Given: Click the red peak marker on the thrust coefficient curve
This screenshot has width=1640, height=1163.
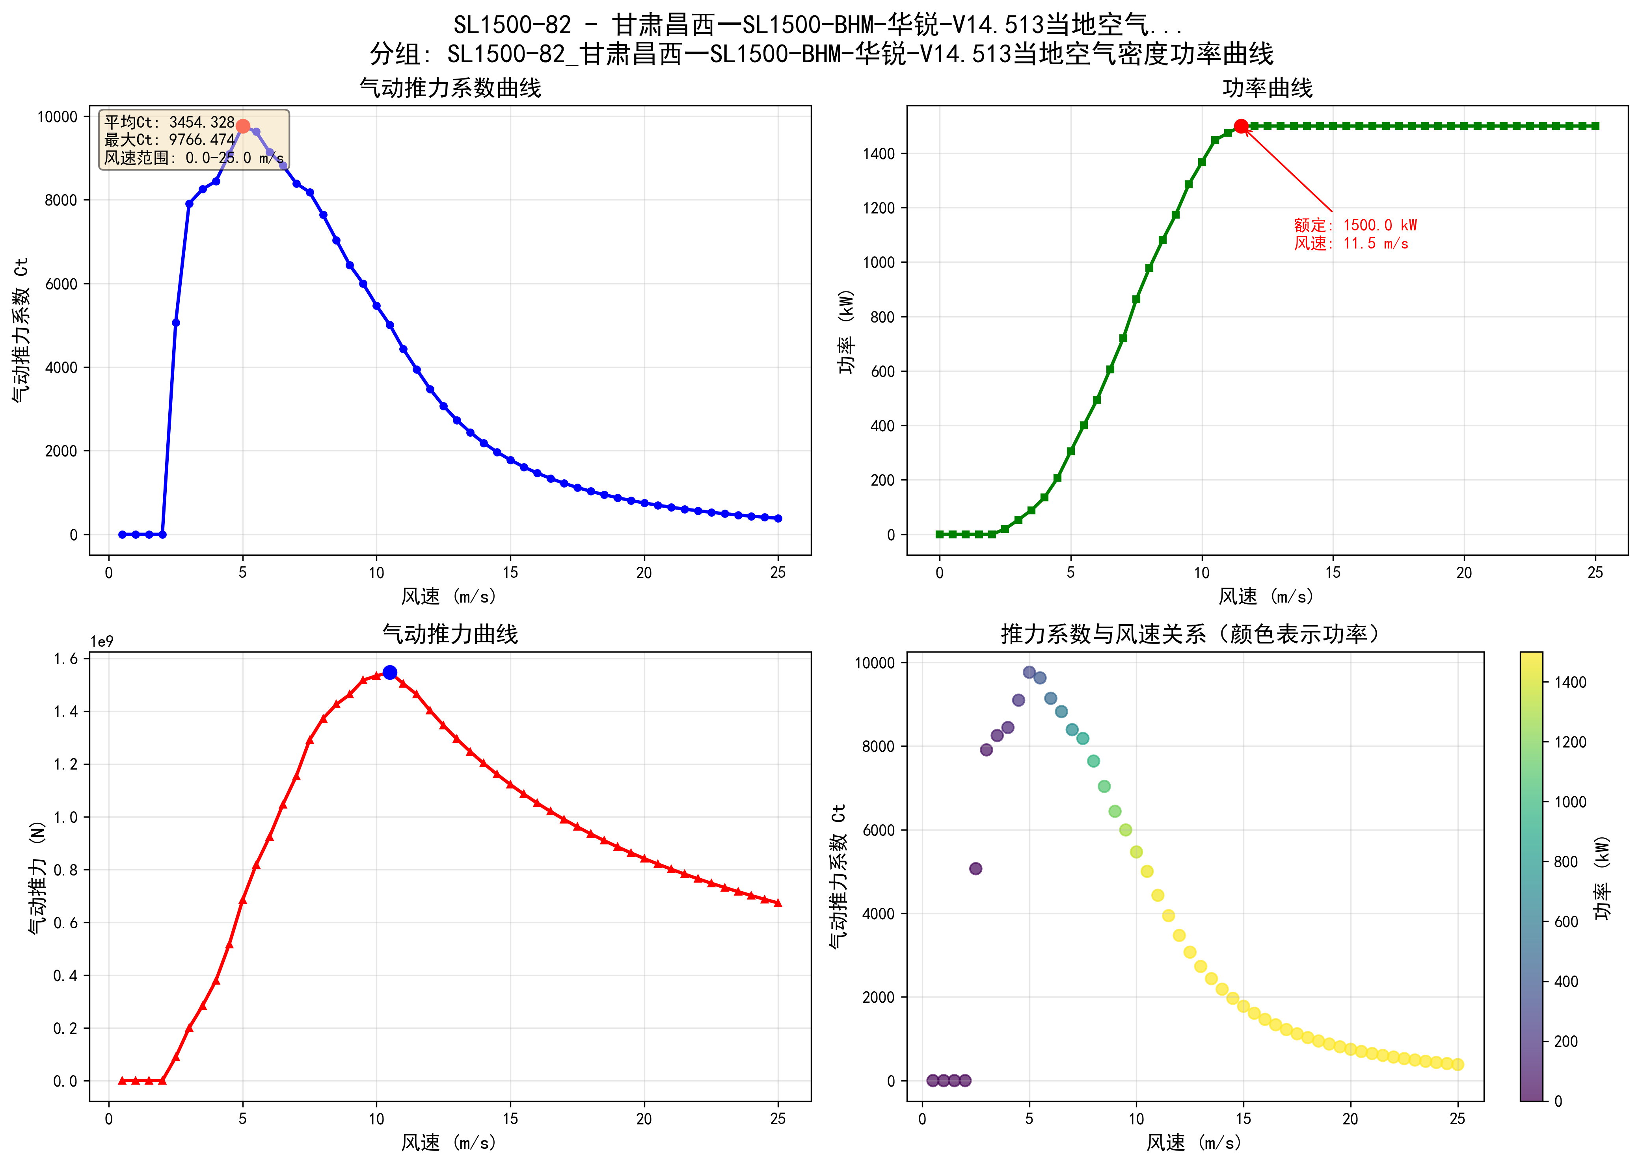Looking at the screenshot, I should pos(243,126).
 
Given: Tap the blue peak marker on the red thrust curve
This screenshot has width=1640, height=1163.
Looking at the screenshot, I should pos(390,672).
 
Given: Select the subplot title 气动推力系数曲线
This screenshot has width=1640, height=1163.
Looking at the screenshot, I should pos(450,88).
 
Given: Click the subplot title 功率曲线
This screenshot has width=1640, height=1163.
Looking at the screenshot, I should pos(1267,88).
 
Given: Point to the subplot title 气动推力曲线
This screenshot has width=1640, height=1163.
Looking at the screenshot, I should pos(450,634).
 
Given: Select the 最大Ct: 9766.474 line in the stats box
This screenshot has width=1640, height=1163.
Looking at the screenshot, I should pos(169,140).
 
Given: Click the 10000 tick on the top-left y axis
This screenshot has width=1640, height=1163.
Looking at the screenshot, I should pos(57,117).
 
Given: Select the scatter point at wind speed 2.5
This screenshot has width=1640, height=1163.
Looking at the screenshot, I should pos(975,869).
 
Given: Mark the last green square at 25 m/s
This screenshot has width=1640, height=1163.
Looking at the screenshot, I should pos(1595,126).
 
